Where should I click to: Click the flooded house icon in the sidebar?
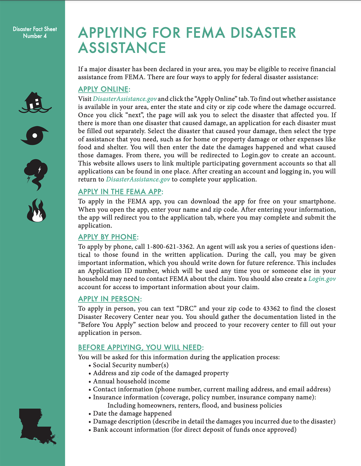(x=35, y=102)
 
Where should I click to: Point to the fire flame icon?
(x=36, y=211)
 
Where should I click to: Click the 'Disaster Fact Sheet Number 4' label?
(x=35, y=33)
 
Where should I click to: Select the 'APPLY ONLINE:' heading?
(x=104, y=89)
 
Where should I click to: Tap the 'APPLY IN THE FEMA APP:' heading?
(x=120, y=192)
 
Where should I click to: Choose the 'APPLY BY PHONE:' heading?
(x=108, y=237)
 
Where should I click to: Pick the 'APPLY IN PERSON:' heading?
(x=110, y=299)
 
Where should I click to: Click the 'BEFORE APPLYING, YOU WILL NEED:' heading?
(x=141, y=347)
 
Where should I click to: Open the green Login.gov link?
(x=322, y=279)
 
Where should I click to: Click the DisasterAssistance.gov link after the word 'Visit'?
(x=125, y=99)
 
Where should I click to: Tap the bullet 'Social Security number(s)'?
(x=130, y=365)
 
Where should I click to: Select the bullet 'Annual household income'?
(x=131, y=381)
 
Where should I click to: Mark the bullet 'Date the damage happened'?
(x=132, y=414)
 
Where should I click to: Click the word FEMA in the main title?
(x=205, y=33)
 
